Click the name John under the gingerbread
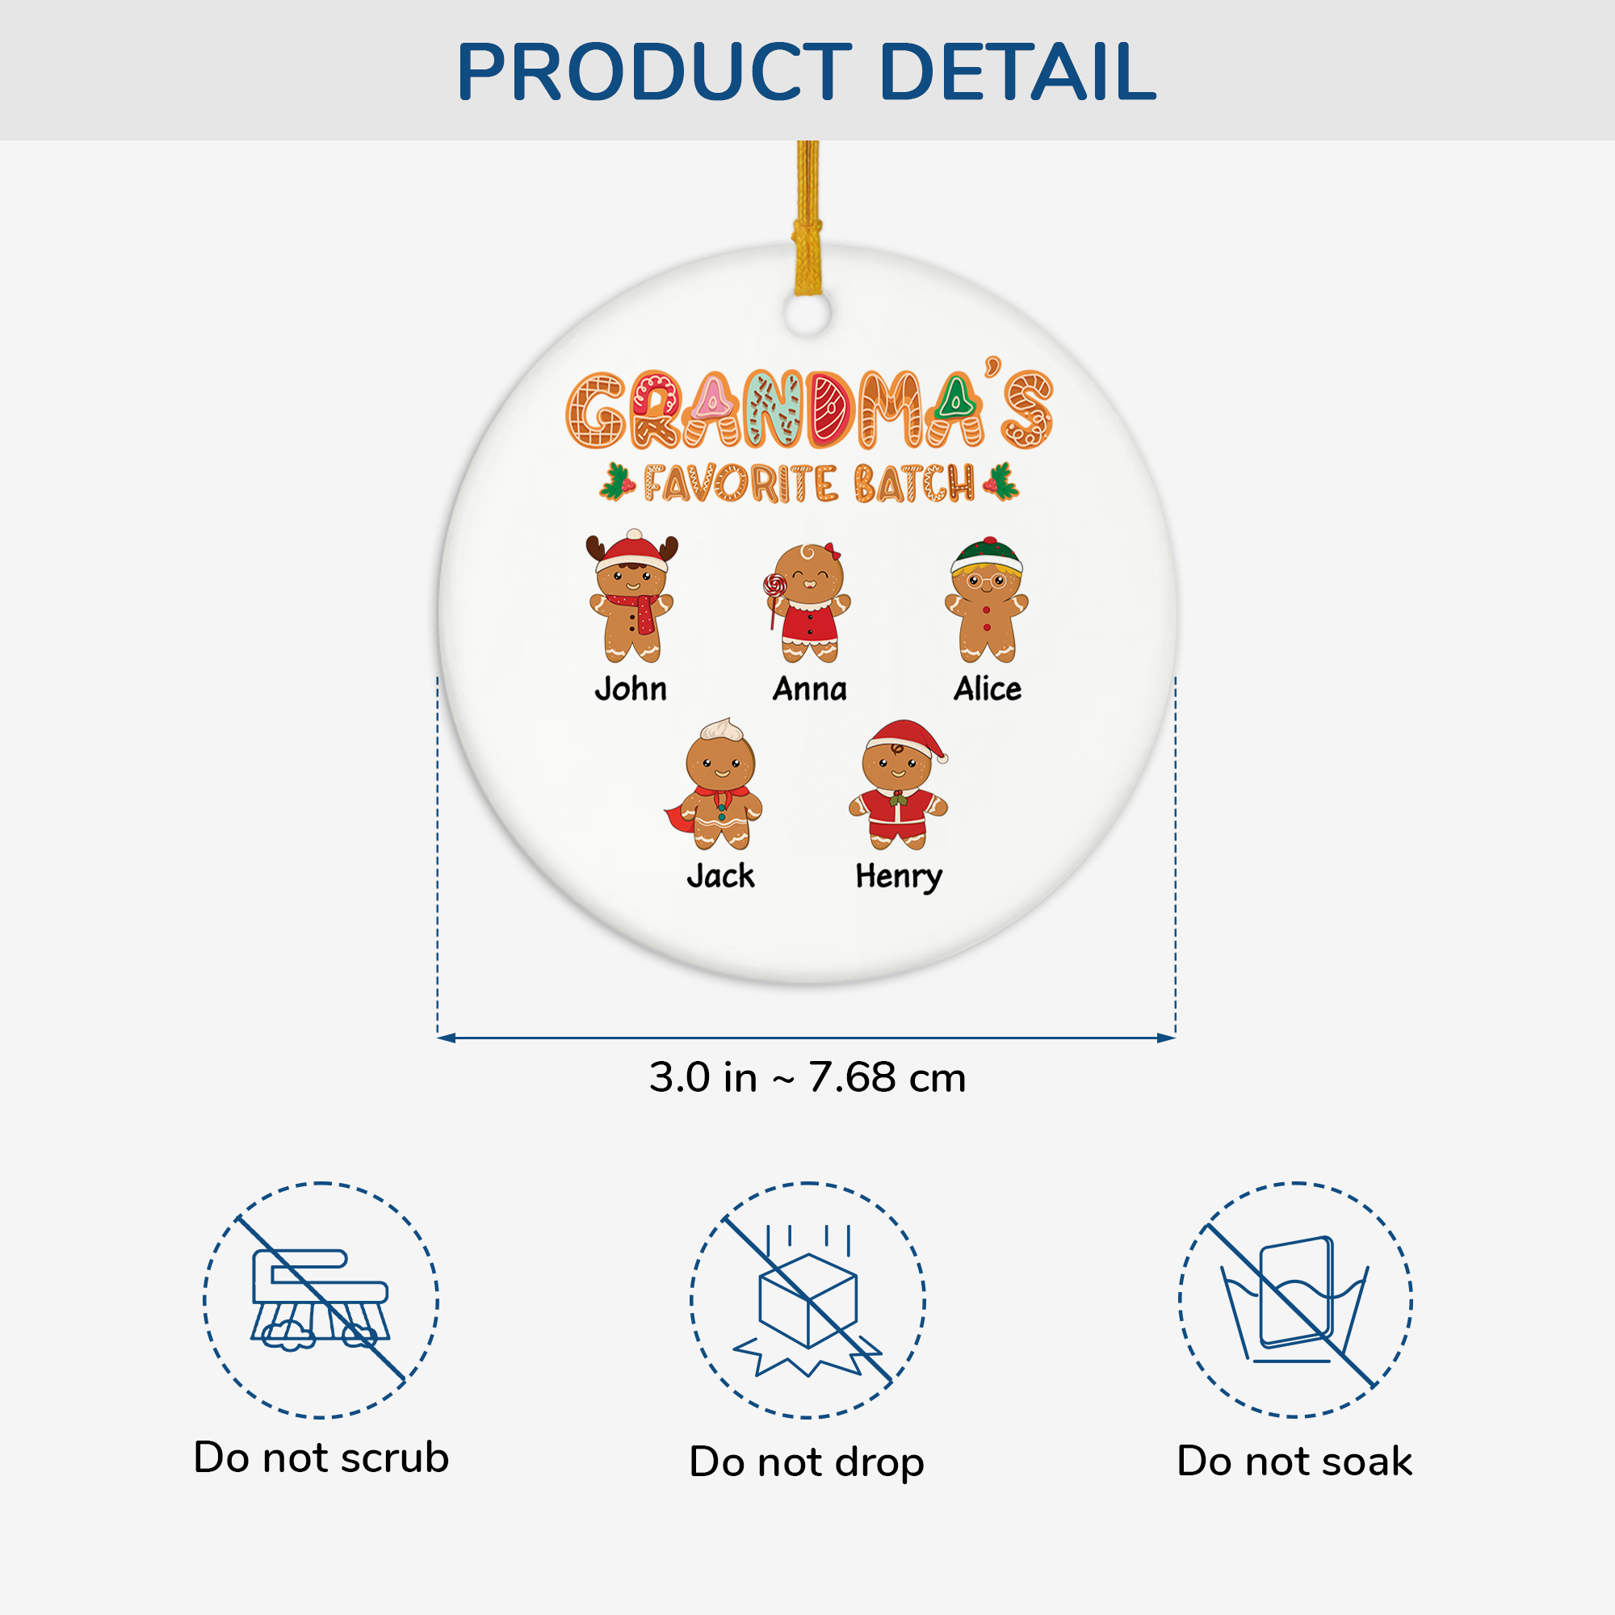pyautogui.click(x=631, y=690)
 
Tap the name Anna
pyautogui.click(x=809, y=690)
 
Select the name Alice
pyautogui.click(x=988, y=690)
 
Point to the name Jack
pyautogui.click(x=720, y=876)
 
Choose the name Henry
pyautogui.click(x=899, y=877)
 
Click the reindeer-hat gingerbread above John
pyautogui.click(x=632, y=597)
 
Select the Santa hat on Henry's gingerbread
pyautogui.click(x=905, y=737)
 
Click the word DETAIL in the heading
pyautogui.click(x=1017, y=72)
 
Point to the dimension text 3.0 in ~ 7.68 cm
pyautogui.click(x=807, y=1077)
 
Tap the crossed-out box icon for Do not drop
pyautogui.click(x=807, y=1301)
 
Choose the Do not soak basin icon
pyautogui.click(x=1295, y=1299)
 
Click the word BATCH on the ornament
pyautogui.click(x=915, y=484)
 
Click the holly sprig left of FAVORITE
pyautogui.click(x=618, y=482)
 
